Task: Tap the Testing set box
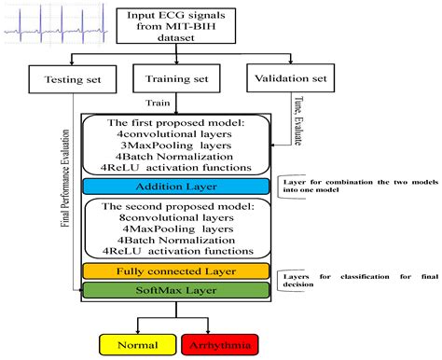(x=59, y=79)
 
